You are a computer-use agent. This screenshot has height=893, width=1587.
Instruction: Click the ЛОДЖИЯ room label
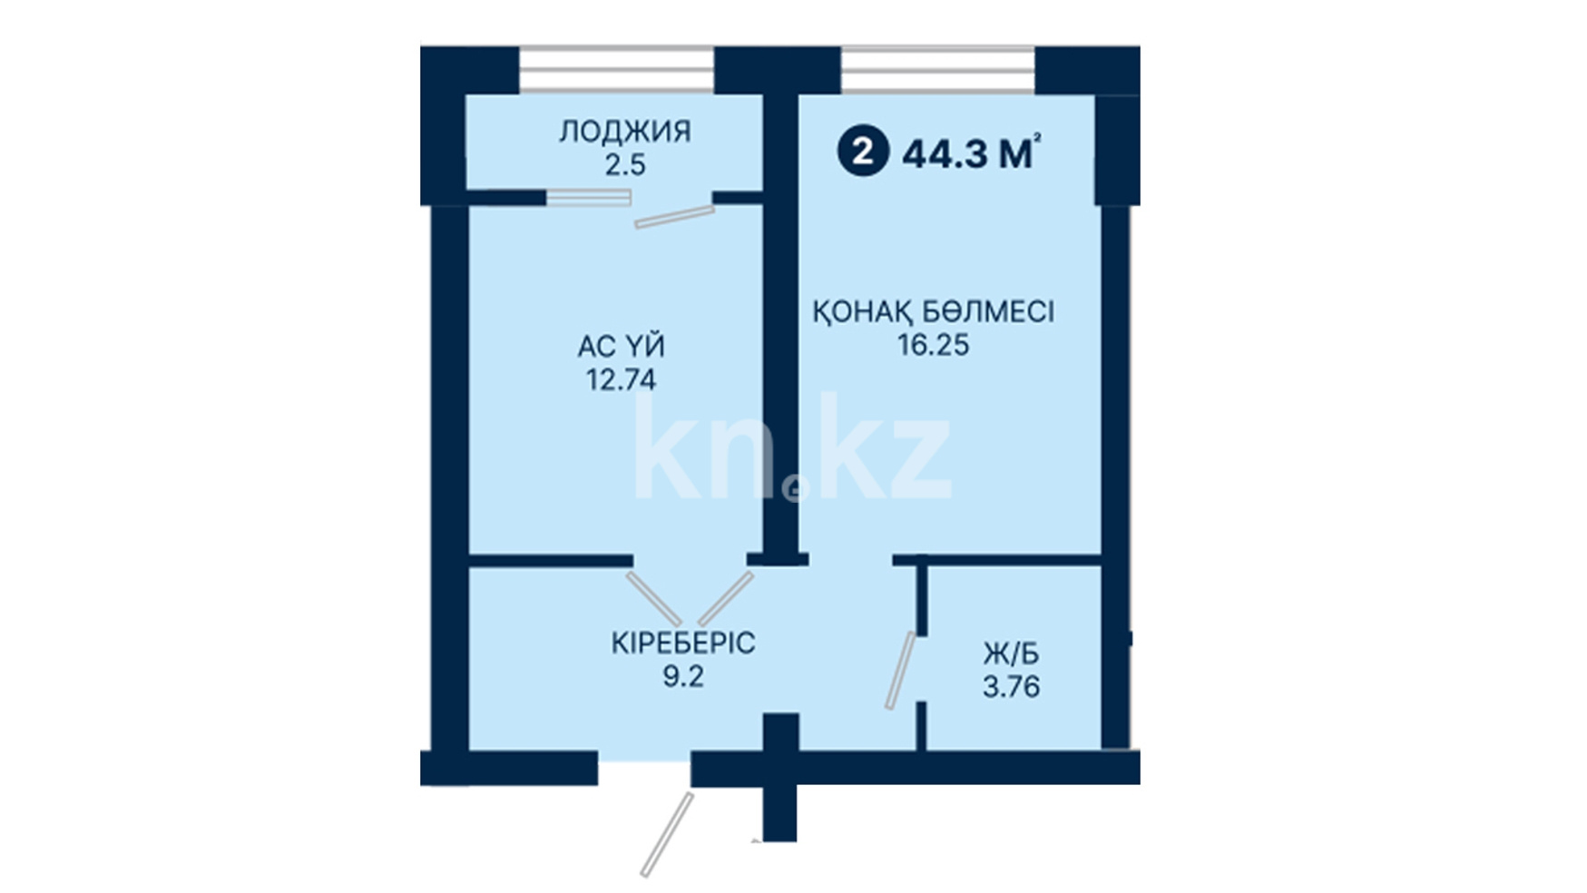point(624,132)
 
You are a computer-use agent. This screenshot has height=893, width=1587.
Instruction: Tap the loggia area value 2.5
point(625,165)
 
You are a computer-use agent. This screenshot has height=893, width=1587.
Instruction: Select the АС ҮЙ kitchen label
point(622,346)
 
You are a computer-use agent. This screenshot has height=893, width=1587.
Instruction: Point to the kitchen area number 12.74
point(622,379)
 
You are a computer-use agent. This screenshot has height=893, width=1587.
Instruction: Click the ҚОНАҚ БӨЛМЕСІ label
point(933,311)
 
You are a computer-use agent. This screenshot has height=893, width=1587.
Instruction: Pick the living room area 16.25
point(934,345)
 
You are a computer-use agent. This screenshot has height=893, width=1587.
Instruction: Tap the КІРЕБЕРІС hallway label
point(682,643)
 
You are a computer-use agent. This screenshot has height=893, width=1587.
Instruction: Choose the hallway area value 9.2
point(682,676)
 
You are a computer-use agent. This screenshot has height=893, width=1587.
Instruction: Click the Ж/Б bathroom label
point(1011,653)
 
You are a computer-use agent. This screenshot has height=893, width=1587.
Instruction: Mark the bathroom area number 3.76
point(1011,686)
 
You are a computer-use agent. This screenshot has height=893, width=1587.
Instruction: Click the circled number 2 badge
point(863,152)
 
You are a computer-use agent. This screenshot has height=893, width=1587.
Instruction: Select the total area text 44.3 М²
point(971,153)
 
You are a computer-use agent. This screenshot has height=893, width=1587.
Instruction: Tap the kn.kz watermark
point(792,447)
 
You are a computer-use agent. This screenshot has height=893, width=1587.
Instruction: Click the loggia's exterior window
point(616,70)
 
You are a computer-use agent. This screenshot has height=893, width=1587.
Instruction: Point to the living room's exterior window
point(937,70)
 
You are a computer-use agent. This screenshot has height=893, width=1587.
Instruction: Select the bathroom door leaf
point(901,670)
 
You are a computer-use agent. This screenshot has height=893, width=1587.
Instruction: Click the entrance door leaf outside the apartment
point(667,835)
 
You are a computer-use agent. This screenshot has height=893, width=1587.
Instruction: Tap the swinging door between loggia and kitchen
point(674,217)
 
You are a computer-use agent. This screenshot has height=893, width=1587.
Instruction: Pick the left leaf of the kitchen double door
point(653,598)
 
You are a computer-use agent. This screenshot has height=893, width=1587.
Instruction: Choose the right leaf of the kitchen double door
point(726,598)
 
